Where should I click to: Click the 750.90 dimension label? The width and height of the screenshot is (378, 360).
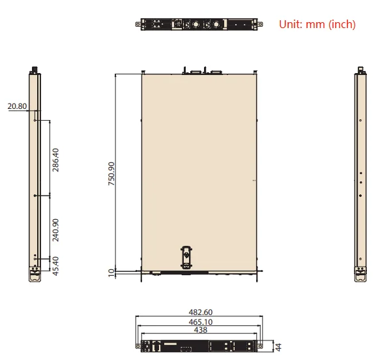tap(111, 173)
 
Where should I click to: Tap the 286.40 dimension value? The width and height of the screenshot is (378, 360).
tap(55, 160)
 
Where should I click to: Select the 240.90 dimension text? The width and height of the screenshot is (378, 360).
tap(55, 230)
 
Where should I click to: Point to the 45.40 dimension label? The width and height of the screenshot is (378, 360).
tap(55, 266)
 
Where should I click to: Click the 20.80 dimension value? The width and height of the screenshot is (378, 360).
tap(17, 106)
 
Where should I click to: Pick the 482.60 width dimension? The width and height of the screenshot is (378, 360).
tap(201, 312)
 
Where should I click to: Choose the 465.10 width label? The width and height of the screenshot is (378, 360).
tap(201, 322)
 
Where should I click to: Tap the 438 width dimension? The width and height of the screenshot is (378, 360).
tap(201, 330)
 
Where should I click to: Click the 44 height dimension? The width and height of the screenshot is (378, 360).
tap(278, 347)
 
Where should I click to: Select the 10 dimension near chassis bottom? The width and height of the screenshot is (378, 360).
tap(111, 273)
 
